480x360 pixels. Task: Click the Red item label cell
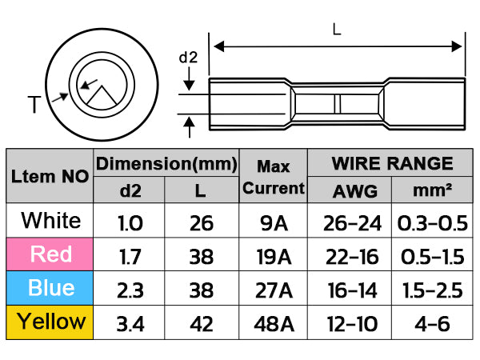pyautogui.click(x=51, y=254)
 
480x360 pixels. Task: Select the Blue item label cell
pyautogui.click(x=51, y=288)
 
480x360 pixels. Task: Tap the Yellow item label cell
pyautogui.click(x=51, y=322)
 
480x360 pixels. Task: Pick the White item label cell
pyautogui.click(x=51, y=220)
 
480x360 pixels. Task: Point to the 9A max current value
pyautogui.click(x=274, y=222)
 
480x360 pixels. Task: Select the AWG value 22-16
pyautogui.click(x=349, y=255)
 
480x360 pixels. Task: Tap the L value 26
pyautogui.click(x=201, y=222)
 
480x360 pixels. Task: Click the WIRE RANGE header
pyautogui.click(x=392, y=164)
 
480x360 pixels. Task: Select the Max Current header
pyautogui.click(x=274, y=178)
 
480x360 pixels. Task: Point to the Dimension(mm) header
pyautogui.click(x=166, y=164)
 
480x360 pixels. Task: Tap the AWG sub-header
pyautogui.click(x=349, y=191)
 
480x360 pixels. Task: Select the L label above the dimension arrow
pyautogui.click(x=337, y=30)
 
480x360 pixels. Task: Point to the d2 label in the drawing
pyautogui.click(x=188, y=58)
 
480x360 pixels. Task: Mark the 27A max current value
pyautogui.click(x=274, y=289)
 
